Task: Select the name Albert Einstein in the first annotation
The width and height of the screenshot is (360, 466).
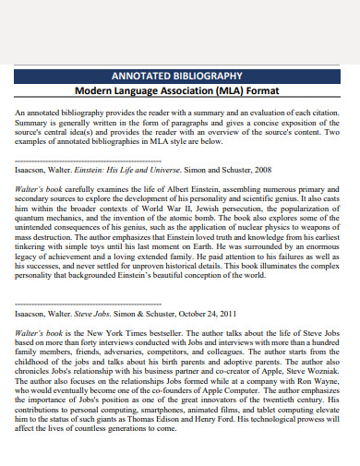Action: tap(175, 189)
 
